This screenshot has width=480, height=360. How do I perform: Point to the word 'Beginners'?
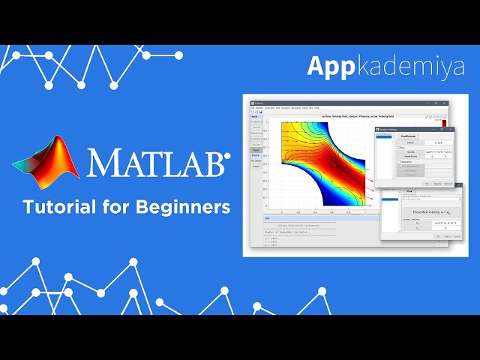tap(190, 207)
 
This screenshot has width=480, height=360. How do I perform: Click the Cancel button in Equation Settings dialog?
tap(448, 183)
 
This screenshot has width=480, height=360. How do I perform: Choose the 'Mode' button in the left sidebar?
tap(254, 117)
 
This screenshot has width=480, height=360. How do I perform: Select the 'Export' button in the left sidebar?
tap(254, 166)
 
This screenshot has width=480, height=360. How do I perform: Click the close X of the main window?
tap(447, 102)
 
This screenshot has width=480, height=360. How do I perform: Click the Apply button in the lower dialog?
tap(448, 236)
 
